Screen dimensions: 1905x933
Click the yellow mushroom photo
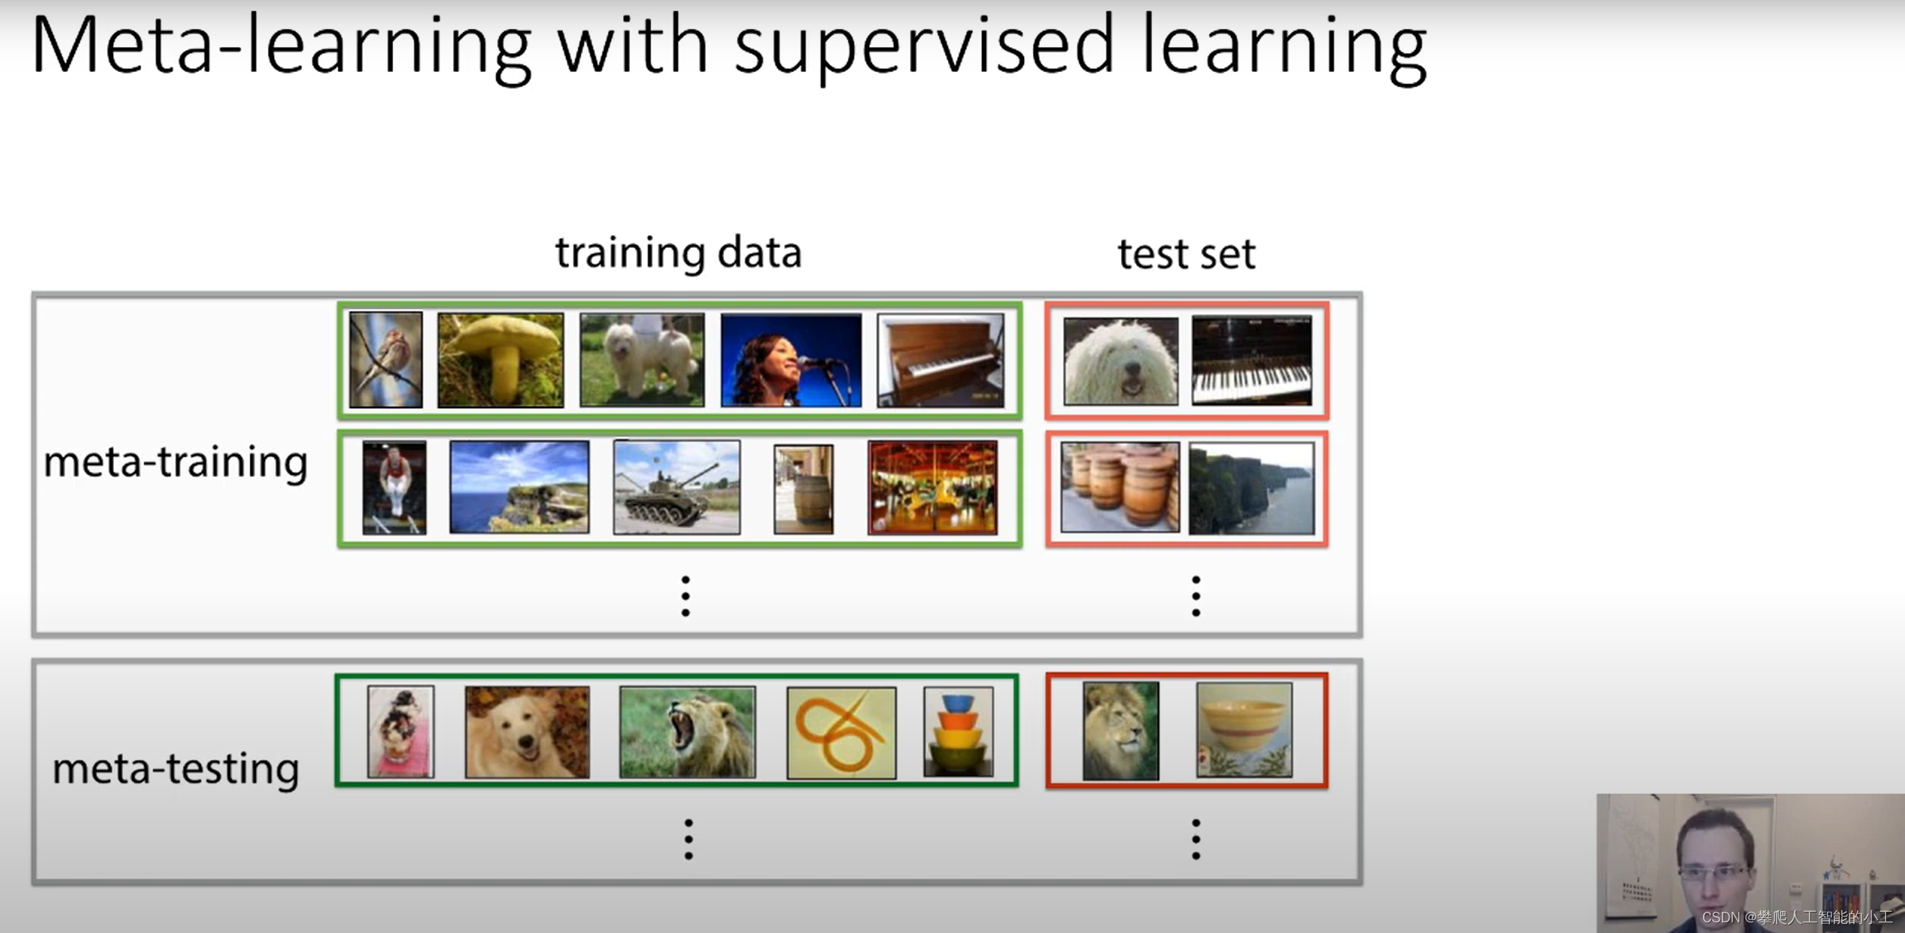(501, 360)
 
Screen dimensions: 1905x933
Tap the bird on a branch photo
(386, 360)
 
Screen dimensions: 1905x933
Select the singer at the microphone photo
(791, 360)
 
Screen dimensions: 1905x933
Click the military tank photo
(676, 488)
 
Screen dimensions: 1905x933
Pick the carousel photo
(933, 488)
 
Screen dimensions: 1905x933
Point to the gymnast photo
(394, 488)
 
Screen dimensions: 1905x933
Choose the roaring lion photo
(687, 732)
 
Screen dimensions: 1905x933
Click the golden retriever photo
(527, 732)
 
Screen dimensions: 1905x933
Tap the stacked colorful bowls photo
(958, 732)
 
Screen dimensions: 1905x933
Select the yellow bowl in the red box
(1244, 730)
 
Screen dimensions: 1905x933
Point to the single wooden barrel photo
(803, 489)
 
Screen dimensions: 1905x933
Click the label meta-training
(175, 463)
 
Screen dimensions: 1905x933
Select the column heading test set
(1186, 254)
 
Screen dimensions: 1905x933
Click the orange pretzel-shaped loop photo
(841, 733)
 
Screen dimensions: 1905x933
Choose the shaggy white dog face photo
(1120, 361)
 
